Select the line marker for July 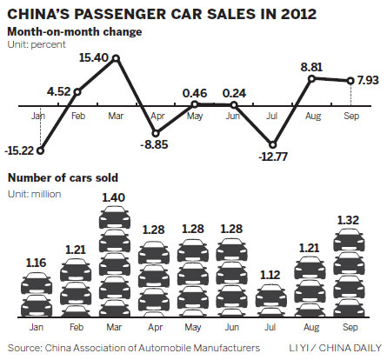(x=273, y=145)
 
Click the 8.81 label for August (x=313, y=64)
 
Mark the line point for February (x=77, y=90)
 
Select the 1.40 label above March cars (x=115, y=198)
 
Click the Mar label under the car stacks (x=115, y=330)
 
